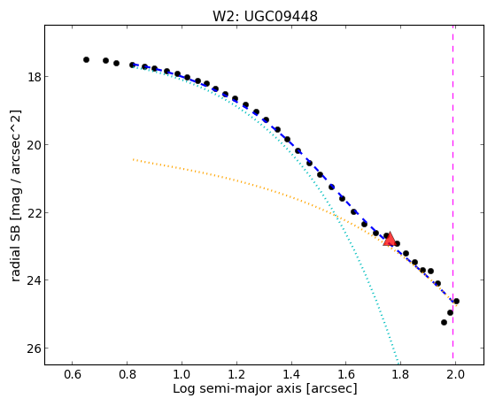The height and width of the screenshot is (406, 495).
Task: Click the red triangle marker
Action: click(x=390, y=239)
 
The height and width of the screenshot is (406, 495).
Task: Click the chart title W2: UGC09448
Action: click(x=265, y=16)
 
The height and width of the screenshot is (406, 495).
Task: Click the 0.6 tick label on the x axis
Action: click(x=73, y=374)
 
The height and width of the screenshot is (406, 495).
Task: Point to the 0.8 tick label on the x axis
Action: click(x=128, y=374)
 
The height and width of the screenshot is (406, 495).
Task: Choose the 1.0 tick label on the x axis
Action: click(x=182, y=374)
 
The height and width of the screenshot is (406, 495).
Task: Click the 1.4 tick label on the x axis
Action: click(x=291, y=374)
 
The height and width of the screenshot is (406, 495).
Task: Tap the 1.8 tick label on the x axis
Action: click(x=400, y=374)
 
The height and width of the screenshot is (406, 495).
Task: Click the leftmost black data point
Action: click(x=86, y=59)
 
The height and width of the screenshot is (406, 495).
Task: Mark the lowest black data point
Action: click(x=444, y=322)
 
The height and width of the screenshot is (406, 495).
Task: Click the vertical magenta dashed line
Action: click(x=453, y=195)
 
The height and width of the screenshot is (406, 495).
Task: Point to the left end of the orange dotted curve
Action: click(x=133, y=159)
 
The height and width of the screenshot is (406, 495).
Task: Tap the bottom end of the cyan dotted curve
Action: click(x=398, y=363)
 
